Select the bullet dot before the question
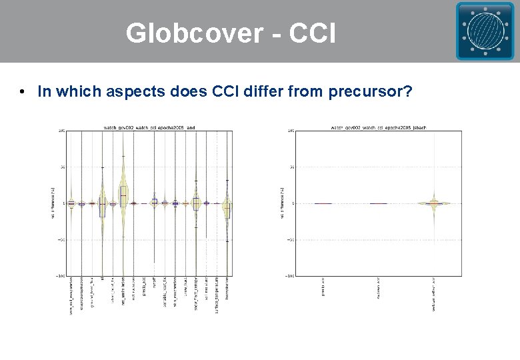(23, 91)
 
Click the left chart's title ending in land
(149, 127)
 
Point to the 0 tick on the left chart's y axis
(63, 203)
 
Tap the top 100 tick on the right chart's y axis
(291, 131)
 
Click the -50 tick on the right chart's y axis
(291, 239)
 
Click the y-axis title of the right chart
(282, 203)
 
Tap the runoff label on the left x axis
(154, 287)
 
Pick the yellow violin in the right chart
(435, 203)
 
